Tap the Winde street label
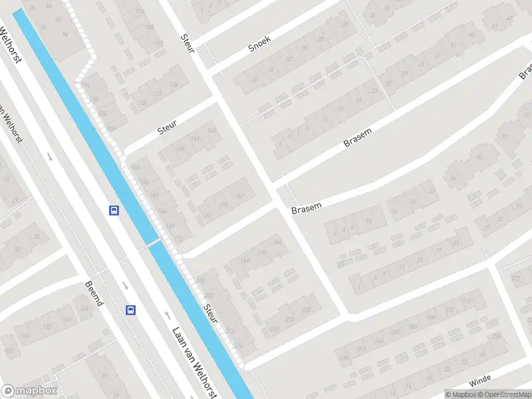coord(479,381)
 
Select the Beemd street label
coord(94,293)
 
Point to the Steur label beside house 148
coord(168,127)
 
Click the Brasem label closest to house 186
coord(306,207)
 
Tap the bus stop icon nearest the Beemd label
coord(131,310)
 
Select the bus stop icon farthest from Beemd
coord(114,210)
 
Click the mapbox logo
coord(29,391)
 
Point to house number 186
coord(277,241)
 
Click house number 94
coord(65,34)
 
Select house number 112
coord(158,44)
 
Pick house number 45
coord(493,27)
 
